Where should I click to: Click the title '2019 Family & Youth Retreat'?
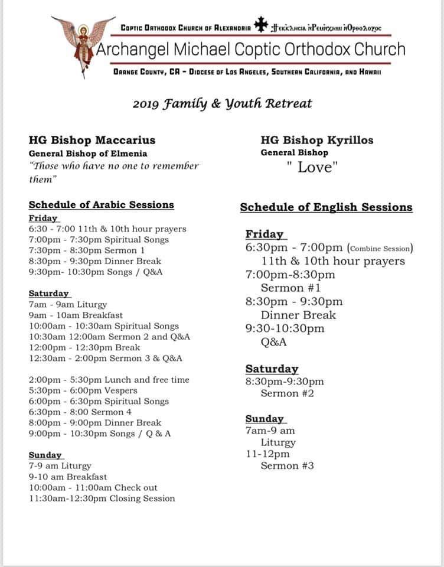click(222, 104)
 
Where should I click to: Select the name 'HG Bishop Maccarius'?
click(92, 140)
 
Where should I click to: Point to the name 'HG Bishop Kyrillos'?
click(317, 141)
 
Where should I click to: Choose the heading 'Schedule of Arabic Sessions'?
click(102, 205)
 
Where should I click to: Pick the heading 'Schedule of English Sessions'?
click(326, 207)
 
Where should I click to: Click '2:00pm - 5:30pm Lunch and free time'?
click(109, 380)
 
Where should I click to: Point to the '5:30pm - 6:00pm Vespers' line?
click(83, 390)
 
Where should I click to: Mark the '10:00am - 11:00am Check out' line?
click(93, 487)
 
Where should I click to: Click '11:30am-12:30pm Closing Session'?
click(102, 498)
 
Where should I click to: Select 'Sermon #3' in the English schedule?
click(288, 466)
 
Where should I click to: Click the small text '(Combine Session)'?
click(380, 248)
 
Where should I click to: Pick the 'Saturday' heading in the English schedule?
click(272, 369)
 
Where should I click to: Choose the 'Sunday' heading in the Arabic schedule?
click(45, 455)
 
